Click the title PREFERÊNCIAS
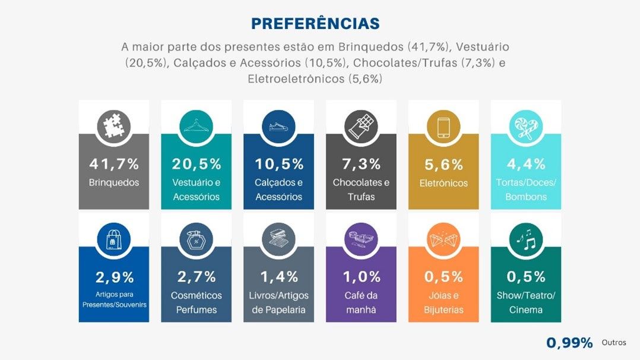[x=315, y=23]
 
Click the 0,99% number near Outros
[x=569, y=343]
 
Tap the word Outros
[x=613, y=343]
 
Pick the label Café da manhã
[x=361, y=302]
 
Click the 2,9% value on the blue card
[x=114, y=277]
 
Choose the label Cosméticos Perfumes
[x=197, y=302]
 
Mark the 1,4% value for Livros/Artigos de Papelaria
[x=278, y=277]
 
